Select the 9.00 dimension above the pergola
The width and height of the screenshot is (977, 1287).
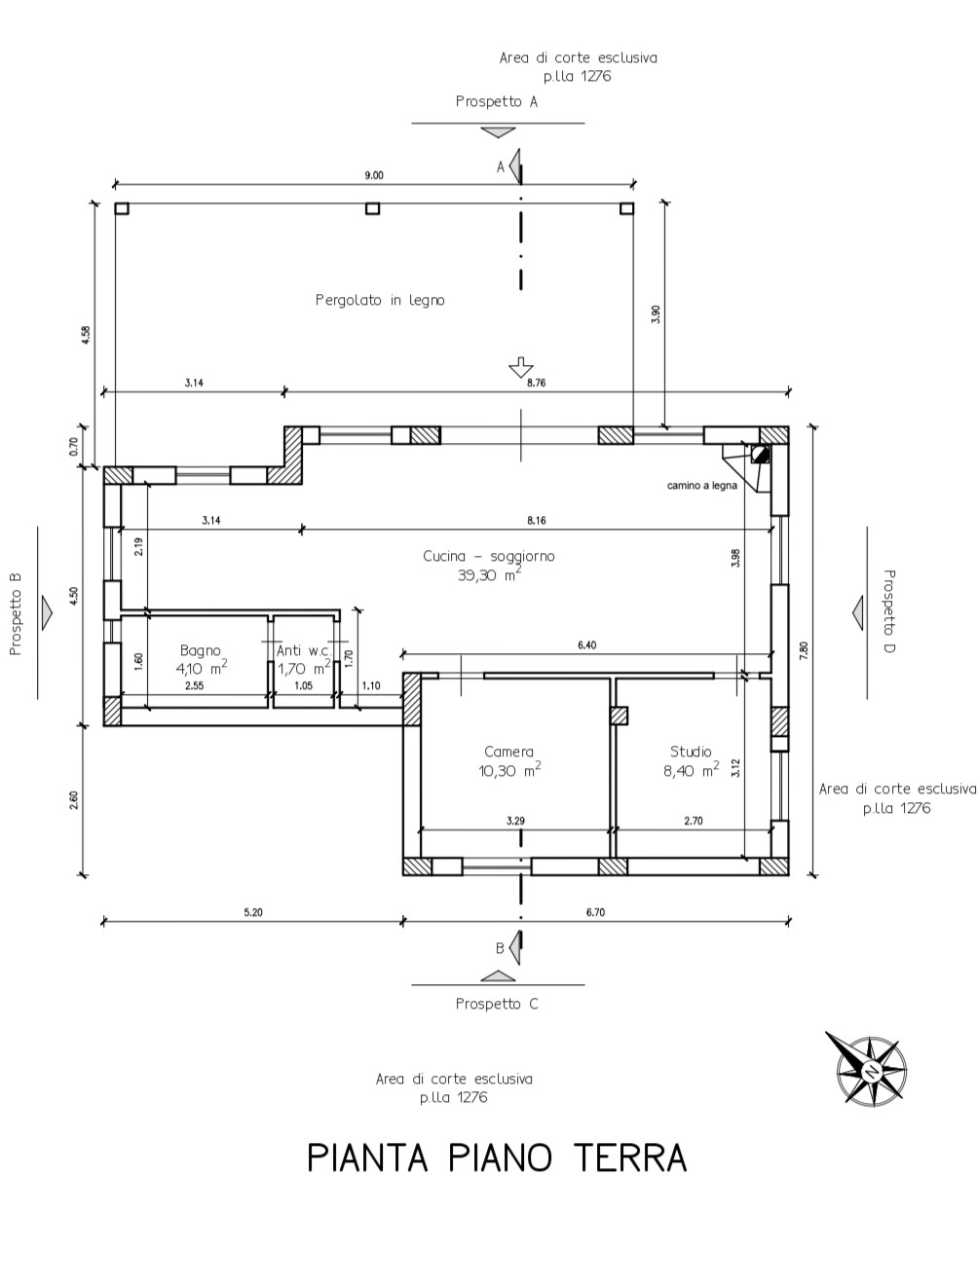374,175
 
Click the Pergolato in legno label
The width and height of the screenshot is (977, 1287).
380,300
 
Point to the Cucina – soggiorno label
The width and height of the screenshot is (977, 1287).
489,555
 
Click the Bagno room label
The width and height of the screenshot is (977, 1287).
200,650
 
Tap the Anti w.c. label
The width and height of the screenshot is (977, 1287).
304,650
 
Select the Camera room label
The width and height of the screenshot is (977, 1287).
508,752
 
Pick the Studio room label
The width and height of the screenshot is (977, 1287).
691,752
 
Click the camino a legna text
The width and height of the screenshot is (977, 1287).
701,486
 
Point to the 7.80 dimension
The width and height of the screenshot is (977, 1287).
804,650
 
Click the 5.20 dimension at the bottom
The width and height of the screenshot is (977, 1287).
253,912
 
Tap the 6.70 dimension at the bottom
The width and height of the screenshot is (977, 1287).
594,912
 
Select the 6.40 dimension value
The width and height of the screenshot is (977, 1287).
586,645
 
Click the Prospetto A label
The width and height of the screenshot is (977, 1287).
496,101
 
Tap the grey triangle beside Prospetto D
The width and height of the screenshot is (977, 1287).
857,612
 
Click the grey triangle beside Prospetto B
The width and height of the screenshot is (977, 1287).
47,612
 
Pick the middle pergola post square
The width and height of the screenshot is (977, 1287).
372,208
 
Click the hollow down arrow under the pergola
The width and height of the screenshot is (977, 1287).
521,368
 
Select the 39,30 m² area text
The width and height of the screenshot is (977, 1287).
490,574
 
